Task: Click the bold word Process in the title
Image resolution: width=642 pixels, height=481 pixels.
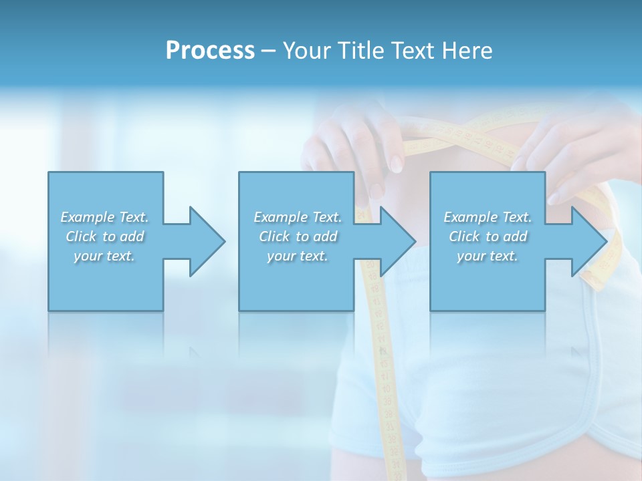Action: pos(210,51)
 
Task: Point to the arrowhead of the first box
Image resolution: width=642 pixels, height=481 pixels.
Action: pos(207,241)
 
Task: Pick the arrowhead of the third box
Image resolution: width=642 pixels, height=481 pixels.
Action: pos(588,241)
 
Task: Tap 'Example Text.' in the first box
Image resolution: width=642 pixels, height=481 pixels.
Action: pos(104,217)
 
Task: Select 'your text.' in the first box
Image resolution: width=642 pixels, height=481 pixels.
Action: pos(104,256)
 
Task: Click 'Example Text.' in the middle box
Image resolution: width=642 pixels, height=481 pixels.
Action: pos(298,217)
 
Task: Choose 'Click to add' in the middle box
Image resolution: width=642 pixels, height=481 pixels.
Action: pos(298,236)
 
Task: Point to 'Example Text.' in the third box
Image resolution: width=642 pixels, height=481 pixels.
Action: pos(488,217)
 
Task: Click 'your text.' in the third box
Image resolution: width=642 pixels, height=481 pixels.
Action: pos(488,256)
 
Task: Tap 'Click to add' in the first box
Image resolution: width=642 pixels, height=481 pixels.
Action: pos(104,236)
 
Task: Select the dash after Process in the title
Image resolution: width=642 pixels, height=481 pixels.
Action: pos(269,51)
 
